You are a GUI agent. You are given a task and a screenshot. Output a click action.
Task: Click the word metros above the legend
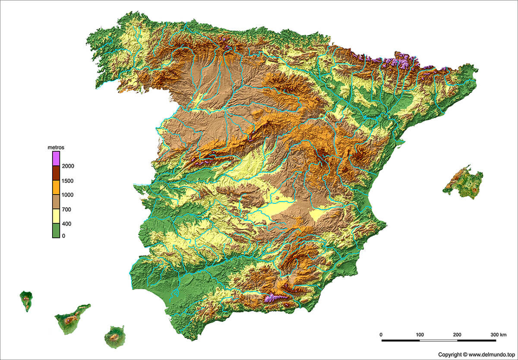coord(56,148)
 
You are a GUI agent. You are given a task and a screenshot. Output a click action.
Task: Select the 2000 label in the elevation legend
coord(68,166)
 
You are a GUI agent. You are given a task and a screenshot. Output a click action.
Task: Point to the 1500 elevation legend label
coord(68,181)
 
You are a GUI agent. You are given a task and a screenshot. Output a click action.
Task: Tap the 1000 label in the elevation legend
coord(68,195)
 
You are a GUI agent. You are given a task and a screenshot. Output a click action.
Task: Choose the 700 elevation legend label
coord(66,210)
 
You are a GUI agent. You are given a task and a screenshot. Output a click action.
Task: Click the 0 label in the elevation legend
coord(63,236)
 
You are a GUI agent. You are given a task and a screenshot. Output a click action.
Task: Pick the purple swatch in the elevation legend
coord(56,159)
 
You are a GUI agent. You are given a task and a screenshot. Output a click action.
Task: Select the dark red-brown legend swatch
coord(56,174)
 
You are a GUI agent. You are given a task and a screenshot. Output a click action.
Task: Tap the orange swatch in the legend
coord(56,188)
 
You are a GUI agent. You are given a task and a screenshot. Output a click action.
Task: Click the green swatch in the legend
coord(56,231)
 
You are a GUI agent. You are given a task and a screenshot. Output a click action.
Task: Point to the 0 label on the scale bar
coord(381,335)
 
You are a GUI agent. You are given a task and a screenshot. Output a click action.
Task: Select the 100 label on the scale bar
coord(420,335)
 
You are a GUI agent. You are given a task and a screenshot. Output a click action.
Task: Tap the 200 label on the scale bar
coord(457,335)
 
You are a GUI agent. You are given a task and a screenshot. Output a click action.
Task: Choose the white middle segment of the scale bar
coord(439,341)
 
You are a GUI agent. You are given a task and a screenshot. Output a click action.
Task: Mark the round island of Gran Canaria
coord(115,335)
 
